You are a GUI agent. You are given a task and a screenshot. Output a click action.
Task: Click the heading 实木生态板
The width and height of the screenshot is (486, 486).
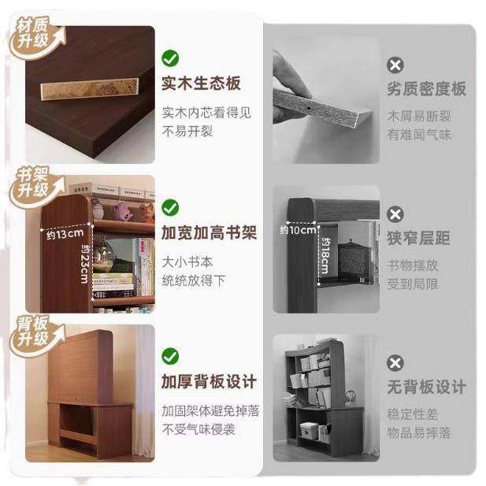click(x=201, y=83)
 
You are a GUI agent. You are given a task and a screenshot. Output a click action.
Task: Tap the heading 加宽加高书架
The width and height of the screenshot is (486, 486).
click(x=209, y=233)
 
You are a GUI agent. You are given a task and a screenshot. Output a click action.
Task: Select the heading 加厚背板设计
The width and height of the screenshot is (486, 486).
click(x=209, y=382)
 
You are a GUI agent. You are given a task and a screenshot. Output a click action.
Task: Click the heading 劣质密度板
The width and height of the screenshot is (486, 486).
click(x=426, y=88)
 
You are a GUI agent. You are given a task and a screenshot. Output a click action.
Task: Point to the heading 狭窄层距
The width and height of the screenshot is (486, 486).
click(x=418, y=238)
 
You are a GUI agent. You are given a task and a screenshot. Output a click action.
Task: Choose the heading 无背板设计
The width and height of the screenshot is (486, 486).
click(x=426, y=387)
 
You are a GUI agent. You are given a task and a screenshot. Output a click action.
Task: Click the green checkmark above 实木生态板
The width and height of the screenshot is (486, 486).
click(x=170, y=58)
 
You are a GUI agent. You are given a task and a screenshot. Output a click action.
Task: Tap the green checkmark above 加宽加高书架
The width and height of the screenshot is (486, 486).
click(x=170, y=207)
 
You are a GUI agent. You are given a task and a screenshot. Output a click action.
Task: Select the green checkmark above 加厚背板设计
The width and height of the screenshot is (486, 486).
click(x=170, y=356)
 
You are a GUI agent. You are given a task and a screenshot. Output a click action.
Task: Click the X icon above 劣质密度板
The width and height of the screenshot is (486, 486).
click(x=395, y=65)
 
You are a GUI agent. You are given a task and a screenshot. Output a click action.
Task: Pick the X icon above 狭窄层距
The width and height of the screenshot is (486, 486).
click(x=395, y=214)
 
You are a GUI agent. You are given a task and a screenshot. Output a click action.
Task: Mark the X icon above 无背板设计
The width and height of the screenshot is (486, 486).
click(x=395, y=363)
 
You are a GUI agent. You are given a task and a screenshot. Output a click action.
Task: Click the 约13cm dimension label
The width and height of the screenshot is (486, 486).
click(x=64, y=234)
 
